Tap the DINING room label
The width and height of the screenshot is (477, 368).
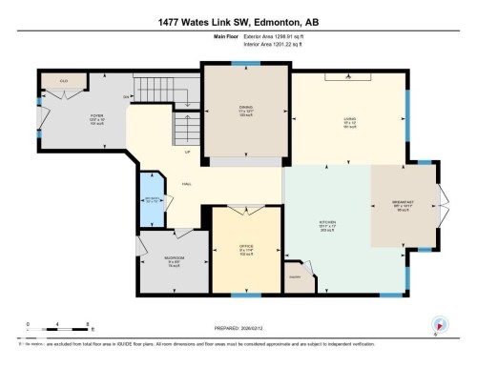point(244,108)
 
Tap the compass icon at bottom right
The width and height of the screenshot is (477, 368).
point(440,323)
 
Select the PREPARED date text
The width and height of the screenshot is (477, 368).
point(238,322)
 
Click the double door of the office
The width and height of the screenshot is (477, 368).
point(245,208)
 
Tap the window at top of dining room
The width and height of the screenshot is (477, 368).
point(245,64)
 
